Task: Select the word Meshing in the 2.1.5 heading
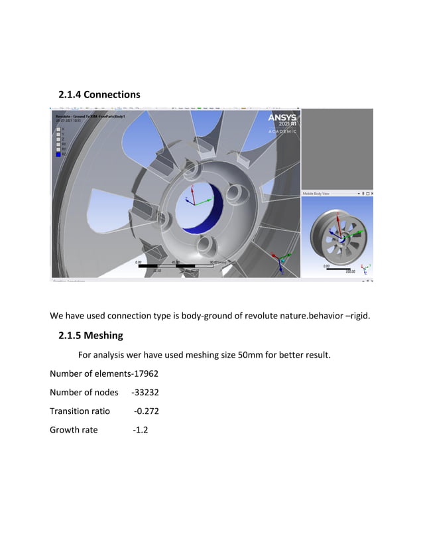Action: click(103, 335)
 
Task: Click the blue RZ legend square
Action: click(58, 155)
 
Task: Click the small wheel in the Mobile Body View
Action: click(335, 232)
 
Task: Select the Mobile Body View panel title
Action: click(317, 193)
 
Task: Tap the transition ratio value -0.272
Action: click(146, 411)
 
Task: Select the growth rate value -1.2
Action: click(140, 430)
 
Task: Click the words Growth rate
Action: click(74, 430)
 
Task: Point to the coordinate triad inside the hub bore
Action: click(192, 197)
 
